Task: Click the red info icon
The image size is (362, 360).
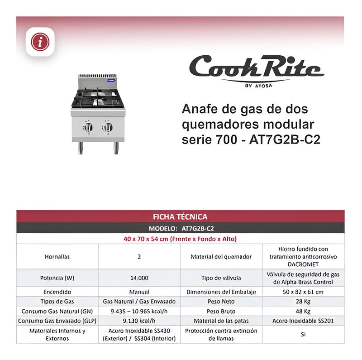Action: click(40, 42)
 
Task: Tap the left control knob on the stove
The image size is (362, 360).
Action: click(88, 128)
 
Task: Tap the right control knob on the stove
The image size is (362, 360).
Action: click(107, 128)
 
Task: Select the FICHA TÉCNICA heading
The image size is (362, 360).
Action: click(180, 217)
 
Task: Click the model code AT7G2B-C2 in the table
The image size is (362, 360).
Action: click(201, 229)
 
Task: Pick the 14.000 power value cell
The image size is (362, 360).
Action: click(139, 278)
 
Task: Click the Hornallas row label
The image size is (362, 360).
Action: click(57, 256)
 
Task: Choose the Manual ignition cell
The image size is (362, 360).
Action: click(139, 292)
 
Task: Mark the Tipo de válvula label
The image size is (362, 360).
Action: click(221, 278)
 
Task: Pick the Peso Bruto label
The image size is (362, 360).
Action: click(221, 312)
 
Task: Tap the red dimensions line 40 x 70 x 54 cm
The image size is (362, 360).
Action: click(180, 239)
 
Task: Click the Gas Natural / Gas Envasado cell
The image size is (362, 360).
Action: click(139, 302)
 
